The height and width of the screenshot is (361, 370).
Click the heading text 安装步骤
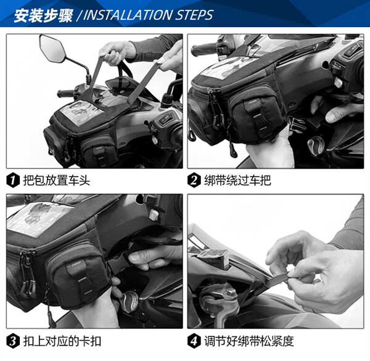(43, 15)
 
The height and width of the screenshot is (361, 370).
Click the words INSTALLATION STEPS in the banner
(148, 15)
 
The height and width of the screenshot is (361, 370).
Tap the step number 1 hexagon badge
(13, 180)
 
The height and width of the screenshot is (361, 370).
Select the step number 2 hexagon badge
(194, 180)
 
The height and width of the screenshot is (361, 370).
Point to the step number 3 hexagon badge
(13, 341)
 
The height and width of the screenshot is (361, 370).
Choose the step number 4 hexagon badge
(194, 341)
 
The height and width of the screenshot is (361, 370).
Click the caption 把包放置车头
(57, 180)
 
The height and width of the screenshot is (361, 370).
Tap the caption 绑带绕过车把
(237, 180)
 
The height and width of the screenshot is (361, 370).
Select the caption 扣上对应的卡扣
(62, 341)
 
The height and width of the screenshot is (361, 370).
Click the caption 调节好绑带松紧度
(249, 341)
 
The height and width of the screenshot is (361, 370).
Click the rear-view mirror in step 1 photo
(52, 48)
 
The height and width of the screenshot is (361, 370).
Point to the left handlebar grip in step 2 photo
(203, 49)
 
